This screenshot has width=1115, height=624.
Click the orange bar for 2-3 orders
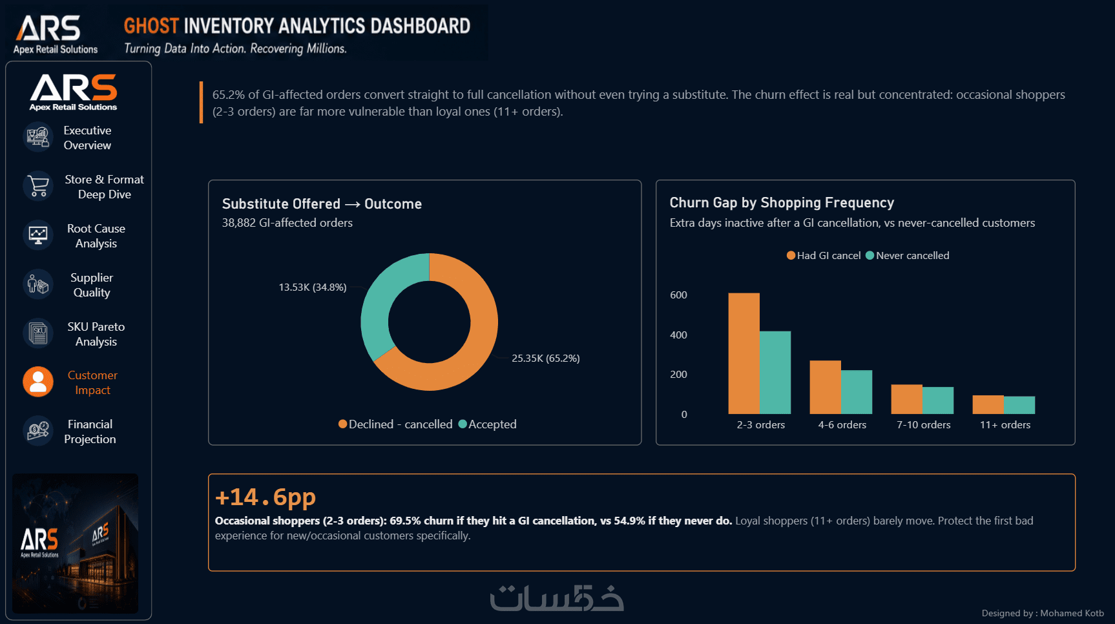pos(744,353)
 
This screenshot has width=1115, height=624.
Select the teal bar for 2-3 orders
pos(775,373)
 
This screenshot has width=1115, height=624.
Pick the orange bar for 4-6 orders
pos(825,387)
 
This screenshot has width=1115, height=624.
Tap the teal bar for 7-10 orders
pos(938,400)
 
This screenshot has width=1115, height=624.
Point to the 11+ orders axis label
pos(1005,425)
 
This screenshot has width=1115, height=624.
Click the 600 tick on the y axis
pos(678,295)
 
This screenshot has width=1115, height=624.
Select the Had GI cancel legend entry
pos(824,256)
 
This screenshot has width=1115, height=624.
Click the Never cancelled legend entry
pos(908,256)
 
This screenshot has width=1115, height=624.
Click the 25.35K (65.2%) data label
pos(546,359)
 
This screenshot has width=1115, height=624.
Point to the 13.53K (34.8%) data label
pos(313,287)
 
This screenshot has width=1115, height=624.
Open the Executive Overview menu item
pos(87,138)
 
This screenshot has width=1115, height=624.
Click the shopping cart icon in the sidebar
pos(38,186)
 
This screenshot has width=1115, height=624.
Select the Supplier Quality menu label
pos(92,285)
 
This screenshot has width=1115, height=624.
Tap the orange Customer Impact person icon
pos(38,382)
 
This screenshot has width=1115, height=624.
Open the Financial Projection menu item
pos(90,432)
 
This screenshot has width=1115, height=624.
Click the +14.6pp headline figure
pos(266,497)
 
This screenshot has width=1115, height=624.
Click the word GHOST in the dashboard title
pos(151,26)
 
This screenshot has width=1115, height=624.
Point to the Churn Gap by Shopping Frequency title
pos(782,203)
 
